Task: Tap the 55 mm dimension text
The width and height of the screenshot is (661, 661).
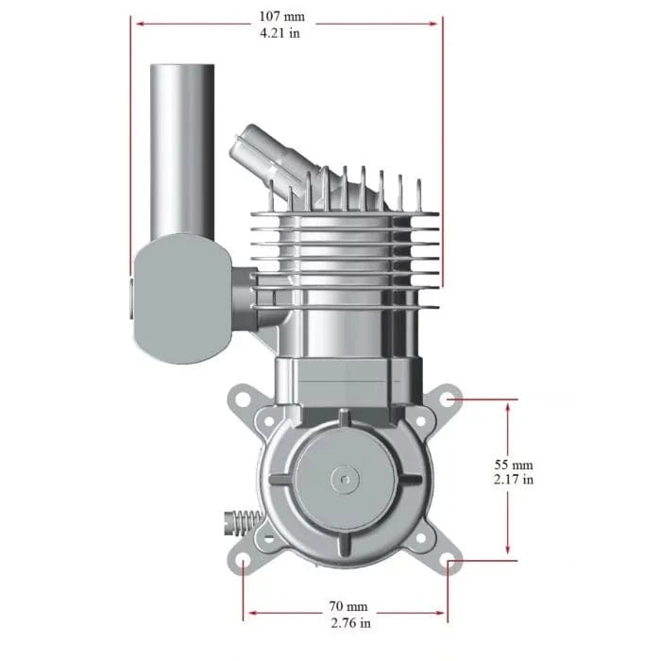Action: pos(514,464)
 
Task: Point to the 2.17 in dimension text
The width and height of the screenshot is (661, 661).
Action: pos(514,480)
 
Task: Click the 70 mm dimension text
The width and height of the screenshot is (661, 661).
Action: pos(348,605)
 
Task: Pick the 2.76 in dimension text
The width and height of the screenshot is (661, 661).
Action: pos(348,622)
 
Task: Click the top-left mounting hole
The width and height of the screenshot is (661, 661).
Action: pos(242,399)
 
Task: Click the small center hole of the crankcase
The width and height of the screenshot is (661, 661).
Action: pos(346,480)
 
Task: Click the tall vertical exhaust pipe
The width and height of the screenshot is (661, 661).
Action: pos(180,151)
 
